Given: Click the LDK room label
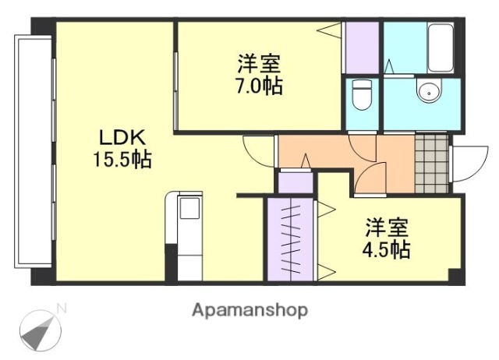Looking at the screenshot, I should (x=122, y=138).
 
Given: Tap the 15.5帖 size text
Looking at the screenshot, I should (x=122, y=161).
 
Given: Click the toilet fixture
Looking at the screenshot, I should (x=361, y=96).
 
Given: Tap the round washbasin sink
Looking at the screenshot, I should (x=427, y=93).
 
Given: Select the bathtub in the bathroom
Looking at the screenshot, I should (x=441, y=47).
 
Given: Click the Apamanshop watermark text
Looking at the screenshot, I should (x=249, y=309).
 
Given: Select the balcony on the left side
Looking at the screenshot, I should (x=33, y=152).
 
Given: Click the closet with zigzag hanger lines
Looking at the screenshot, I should (x=290, y=239).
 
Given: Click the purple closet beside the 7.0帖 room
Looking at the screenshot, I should (x=362, y=48).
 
